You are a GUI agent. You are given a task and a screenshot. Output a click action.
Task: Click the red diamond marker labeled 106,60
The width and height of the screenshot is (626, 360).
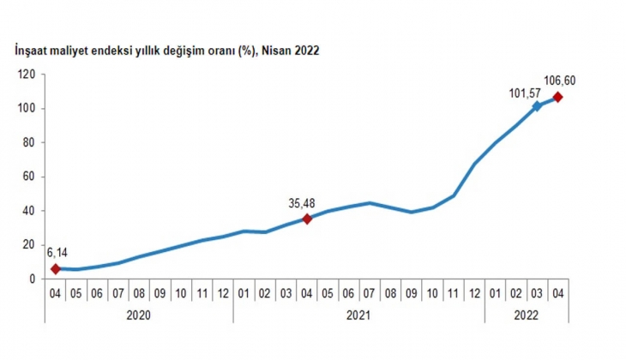point(557,97)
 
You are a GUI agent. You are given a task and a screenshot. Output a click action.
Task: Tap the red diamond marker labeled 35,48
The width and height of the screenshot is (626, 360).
point(307,219)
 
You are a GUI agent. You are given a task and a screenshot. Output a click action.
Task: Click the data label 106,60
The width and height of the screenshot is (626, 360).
point(558,81)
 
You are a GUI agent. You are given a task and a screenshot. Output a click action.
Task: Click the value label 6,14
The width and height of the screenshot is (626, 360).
point(57,254)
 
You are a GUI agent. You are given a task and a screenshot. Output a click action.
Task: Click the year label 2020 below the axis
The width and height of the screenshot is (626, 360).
point(139,315)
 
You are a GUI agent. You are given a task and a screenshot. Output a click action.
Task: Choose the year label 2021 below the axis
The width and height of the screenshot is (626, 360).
point(358,315)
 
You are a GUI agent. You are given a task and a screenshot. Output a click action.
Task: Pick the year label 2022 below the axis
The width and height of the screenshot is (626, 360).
point(527,315)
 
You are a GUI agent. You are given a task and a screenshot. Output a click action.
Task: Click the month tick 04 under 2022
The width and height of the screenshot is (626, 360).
point(557,294)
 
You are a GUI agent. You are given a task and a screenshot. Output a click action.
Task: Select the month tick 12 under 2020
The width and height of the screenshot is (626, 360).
point(223,294)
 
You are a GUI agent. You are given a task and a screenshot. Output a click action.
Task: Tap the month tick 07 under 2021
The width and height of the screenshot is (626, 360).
point(370,294)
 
